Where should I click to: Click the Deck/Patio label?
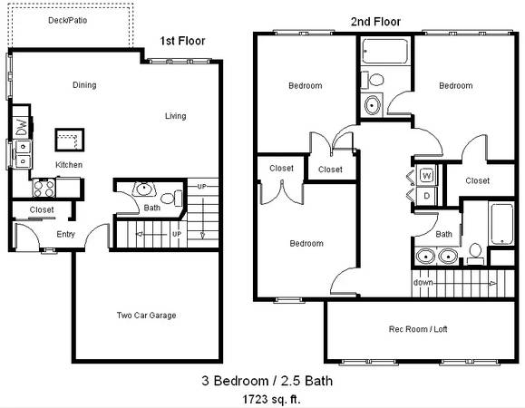click(x=68, y=21)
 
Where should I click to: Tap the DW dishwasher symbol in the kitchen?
click(x=22, y=127)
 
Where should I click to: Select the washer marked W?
click(x=426, y=175)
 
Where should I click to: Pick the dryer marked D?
click(x=426, y=196)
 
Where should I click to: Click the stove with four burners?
click(x=44, y=188)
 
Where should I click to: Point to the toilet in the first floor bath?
click(x=171, y=199)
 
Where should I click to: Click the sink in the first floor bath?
click(x=144, y=189)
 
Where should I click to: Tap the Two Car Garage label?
click(x=146, y=316)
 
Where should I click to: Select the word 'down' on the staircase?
click(x=423, y=283)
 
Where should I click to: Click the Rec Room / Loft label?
click(x=418, y=329)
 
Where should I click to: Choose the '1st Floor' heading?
click(x=182, y=41)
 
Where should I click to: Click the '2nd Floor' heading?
click(x=375, y=22)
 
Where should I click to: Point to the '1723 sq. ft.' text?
click(x=271, y=399)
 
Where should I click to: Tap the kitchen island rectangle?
click(x=70, y=140)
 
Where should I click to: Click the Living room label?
click(x=175, y=116)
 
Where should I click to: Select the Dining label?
click(x=84, y=85)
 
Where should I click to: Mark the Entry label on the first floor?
click(x=65, y=234)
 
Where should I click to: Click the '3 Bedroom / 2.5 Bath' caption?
click(x=267, y=381)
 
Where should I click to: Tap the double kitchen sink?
click(x=23, y=154)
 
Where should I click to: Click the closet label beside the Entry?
click(x=42, y=209)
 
